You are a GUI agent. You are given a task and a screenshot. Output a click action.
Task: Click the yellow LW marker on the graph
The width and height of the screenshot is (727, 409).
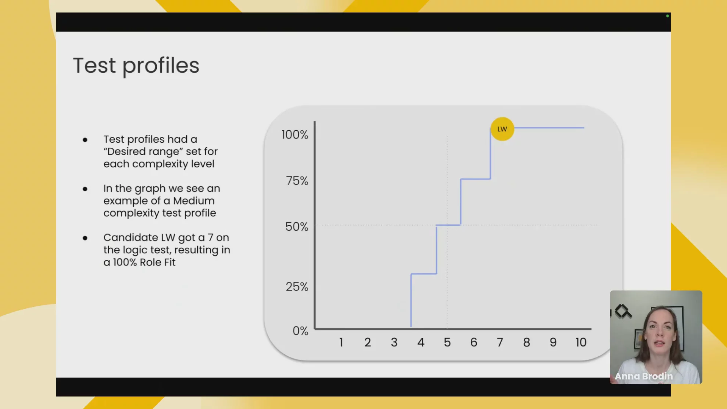point(502,129)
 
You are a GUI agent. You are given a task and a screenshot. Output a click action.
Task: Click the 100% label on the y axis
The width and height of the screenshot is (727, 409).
point(295,135)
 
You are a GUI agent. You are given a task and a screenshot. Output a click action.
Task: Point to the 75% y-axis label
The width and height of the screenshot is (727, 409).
point(297,181)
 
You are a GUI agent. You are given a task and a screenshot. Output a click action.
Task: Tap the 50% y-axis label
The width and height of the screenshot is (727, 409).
point(296,227)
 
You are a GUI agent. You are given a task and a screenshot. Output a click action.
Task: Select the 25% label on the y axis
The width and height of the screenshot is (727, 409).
point(297,287)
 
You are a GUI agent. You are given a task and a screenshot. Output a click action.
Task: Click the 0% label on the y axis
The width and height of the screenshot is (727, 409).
point(300,331)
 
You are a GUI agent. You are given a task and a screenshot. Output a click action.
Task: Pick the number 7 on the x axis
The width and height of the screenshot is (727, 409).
point(500,342)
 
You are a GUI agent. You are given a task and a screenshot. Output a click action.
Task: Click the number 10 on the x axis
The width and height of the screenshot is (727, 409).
point(581,342)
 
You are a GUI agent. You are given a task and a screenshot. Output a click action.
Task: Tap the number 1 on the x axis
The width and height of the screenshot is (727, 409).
point(341,342)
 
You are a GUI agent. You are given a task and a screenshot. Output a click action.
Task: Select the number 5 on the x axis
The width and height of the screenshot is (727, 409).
point(447,342)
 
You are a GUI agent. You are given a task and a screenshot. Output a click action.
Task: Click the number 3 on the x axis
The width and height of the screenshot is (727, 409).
point(394,342)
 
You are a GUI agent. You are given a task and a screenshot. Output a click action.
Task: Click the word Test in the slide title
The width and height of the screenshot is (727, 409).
point(94,66)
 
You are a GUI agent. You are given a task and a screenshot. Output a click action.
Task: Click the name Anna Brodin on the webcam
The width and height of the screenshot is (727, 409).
point(644,376)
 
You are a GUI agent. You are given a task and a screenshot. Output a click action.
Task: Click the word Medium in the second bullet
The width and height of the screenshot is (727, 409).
point(194,201)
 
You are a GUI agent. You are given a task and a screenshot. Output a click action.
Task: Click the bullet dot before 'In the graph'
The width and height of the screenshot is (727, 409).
point(85,189)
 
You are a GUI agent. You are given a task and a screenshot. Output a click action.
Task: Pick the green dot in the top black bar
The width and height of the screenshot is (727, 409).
point(668,16)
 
